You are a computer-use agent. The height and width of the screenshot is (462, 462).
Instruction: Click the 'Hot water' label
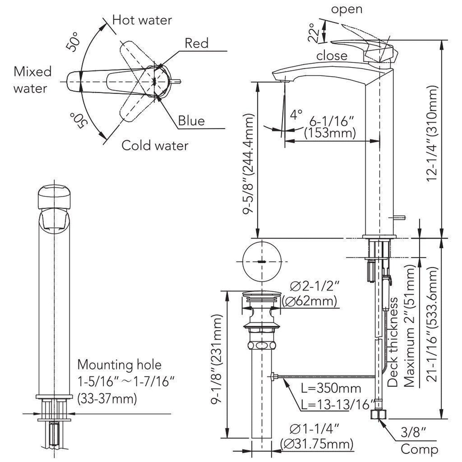pyautogui.click(x=142, y=20)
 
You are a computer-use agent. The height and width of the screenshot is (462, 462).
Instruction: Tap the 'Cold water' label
pyautogui.click(x=155, y=146)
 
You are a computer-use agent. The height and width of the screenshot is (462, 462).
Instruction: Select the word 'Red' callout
pyautogui.click(x=196, y=43)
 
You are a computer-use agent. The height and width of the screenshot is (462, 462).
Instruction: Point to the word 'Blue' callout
pyautogui.click(x=191, y=121)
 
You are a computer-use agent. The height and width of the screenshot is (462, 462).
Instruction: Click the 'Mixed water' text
pyautogui.click(x=32, y=80)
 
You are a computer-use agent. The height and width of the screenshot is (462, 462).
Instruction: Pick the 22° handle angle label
pyautogui.click(x=314, y=32)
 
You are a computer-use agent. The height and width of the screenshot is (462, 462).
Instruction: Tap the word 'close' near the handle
pyautogui.click(x=332, y=56)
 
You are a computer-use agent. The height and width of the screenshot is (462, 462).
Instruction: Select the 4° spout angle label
pyautogui.click(x=296, y=114)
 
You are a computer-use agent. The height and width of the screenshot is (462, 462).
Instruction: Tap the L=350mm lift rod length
pyautogui.click(x=331, y=388)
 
